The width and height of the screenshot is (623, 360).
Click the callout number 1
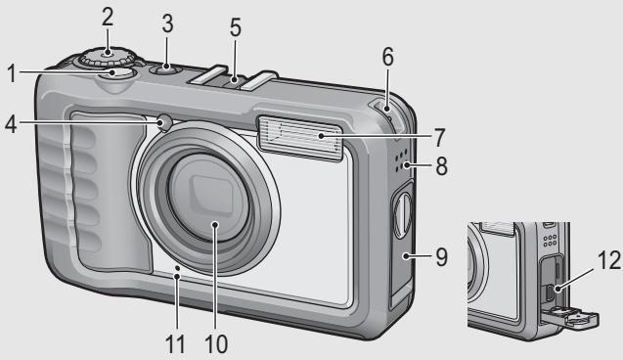13,73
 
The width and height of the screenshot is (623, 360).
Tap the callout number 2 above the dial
108,17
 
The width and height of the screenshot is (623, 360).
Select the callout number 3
167,23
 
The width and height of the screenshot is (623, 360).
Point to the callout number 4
11,123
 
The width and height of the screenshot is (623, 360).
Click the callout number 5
235,27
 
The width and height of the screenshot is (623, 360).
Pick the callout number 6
387,57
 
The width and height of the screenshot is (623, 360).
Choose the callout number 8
442,165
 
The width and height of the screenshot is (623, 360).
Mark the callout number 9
442,256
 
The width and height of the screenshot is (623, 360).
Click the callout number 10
216,343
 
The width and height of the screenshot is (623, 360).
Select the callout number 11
175,343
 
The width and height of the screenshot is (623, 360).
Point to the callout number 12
608,260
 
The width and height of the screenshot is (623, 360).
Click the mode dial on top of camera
108,57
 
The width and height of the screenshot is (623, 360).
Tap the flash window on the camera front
300,138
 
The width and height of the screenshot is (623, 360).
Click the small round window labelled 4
165,122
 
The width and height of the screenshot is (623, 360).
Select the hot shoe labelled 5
233,79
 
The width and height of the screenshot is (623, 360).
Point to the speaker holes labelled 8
401,160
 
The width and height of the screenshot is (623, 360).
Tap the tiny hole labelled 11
178,269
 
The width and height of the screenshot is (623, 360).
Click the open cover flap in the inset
570,318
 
